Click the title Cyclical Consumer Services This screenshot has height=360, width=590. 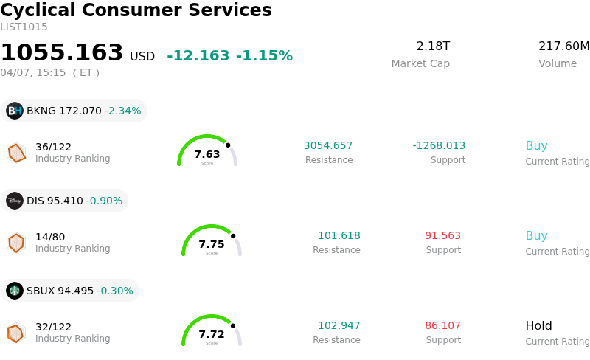tap(136, 10)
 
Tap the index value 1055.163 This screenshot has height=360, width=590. tap(62, 53)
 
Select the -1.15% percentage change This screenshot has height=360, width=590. tap(264, 56)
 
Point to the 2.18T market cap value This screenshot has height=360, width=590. tap(433, 46)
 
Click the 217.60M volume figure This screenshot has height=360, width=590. tap(563, 46)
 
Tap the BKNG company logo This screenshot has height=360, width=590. tap(15, 111)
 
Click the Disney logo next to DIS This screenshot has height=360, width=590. tap(15, 201)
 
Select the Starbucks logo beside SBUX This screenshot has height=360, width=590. tap(15, 291)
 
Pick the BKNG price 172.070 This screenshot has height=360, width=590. tap(80, 111)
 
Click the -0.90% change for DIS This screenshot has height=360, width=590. tap(104, 201)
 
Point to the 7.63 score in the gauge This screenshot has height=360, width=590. tap(207, 154)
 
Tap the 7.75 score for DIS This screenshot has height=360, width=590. tap(212, 244)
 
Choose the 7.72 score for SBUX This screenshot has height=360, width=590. tap(212, 334)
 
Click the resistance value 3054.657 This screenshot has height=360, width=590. tap(328, 145)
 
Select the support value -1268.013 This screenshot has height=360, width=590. tap(439, 145)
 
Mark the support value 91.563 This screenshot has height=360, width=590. tap(442, 235)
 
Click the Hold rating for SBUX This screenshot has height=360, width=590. tap(538, 325)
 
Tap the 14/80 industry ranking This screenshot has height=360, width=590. tap(50, 237)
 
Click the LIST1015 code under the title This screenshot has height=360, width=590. tap(24, 27)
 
